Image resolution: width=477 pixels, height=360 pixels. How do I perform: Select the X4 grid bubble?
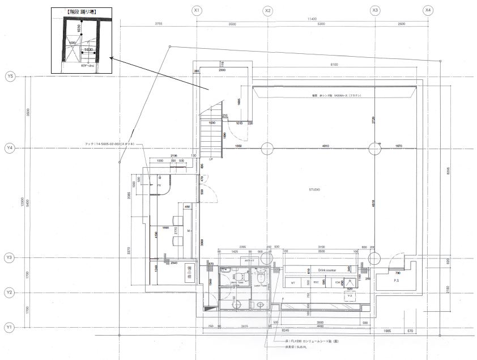click(x=428, y=10)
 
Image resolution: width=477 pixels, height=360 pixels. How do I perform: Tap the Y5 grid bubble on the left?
click(x=10, y=76)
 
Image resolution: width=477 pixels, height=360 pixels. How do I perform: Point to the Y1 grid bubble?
click(x=10, y=328)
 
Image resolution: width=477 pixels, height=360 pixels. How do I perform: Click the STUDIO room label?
click(x=316, y=189)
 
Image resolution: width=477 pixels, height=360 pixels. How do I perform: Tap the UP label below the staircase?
click(x=211, y=160)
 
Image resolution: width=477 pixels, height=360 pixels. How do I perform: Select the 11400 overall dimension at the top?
click(x=312, y=19)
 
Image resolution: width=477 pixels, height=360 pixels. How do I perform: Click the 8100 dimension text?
click(x=334, y=65)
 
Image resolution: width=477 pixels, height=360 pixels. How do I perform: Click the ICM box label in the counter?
click(x=337, y=282)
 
